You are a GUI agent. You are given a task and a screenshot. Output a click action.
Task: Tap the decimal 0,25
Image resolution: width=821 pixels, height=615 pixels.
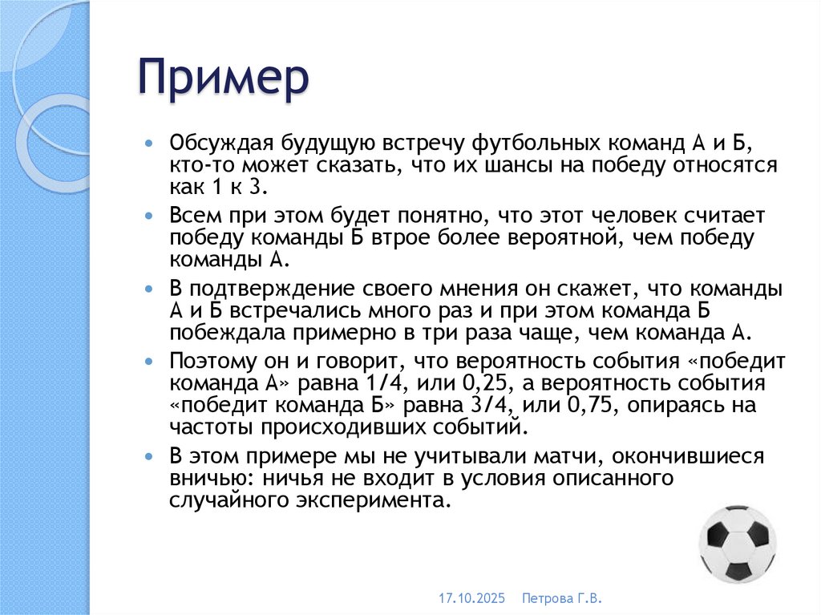tap(462, 383)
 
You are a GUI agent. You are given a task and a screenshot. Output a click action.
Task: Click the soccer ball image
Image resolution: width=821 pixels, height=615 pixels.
tap(737, 543)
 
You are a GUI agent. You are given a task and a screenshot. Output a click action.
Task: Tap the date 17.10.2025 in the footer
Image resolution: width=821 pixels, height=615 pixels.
tap(468, 599)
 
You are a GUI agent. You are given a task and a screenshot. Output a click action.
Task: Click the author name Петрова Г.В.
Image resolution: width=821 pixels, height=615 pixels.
tap(561, 599)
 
